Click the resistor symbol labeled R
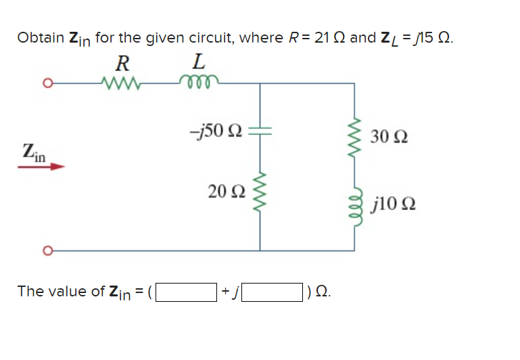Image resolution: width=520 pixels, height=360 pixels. pyautogui.click(x=122, y=84)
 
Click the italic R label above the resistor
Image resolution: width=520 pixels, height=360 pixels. pyautogui.click(x=122, y=64)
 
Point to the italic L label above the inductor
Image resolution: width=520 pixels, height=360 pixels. pyautogui.click(x=197, y=64)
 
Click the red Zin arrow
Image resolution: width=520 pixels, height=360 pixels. pyautogui.click(x=41, y=166)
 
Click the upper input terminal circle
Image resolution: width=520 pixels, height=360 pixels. pyautogui.click(x=47, y=84)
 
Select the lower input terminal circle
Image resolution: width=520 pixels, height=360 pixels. pyautogui.click(x=47, y=250)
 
